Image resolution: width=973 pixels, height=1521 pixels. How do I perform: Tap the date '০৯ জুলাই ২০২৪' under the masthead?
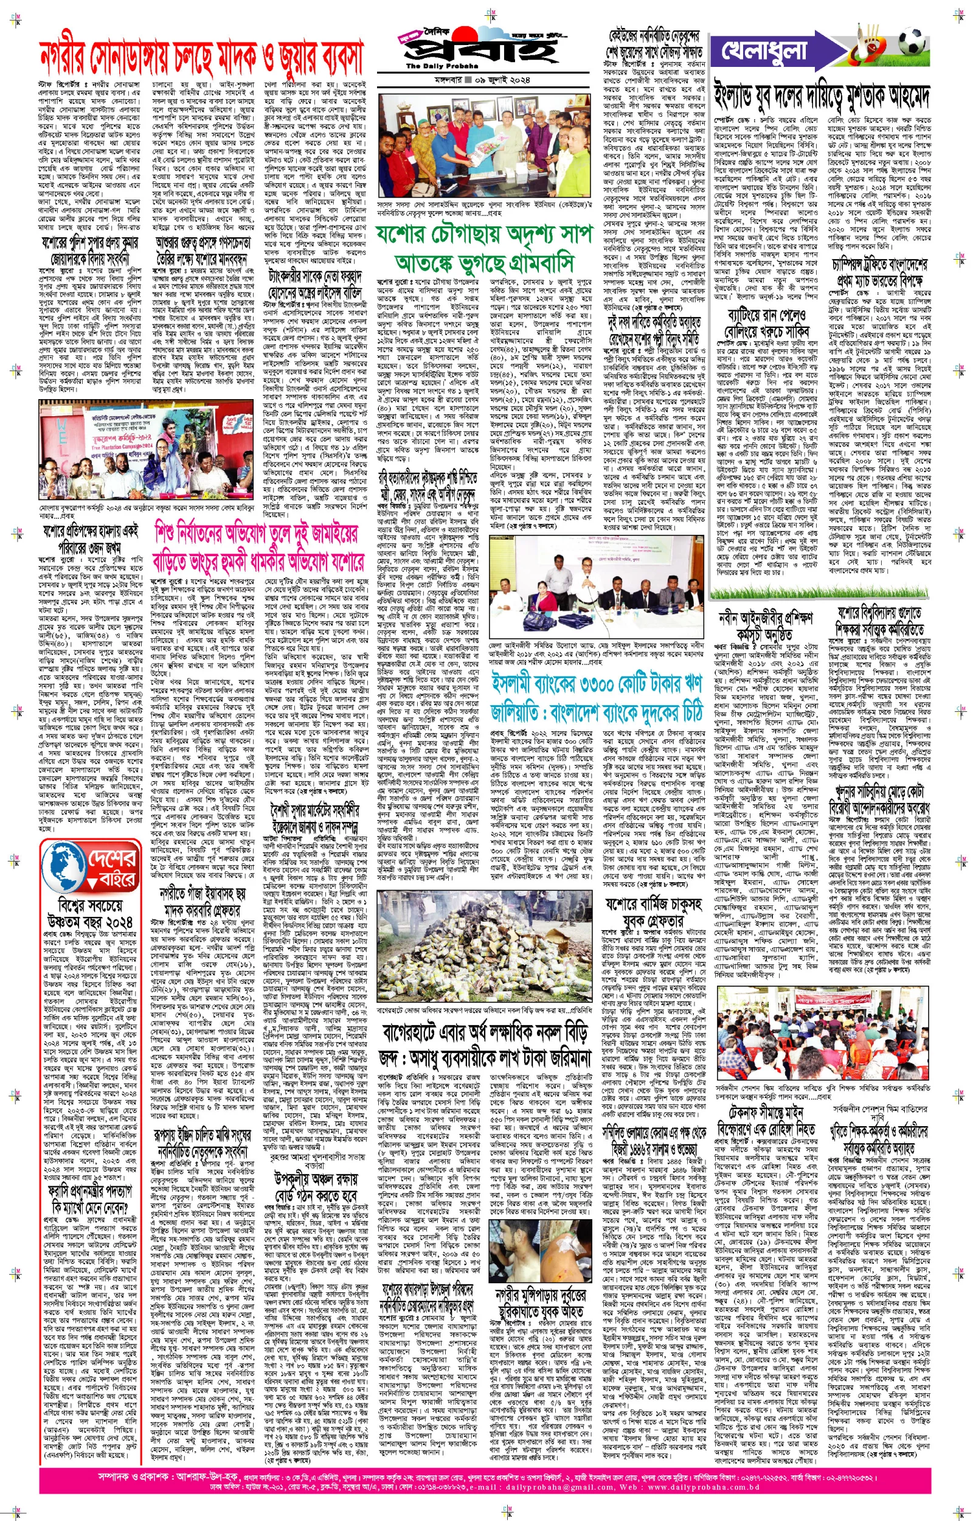coord(499,80)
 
